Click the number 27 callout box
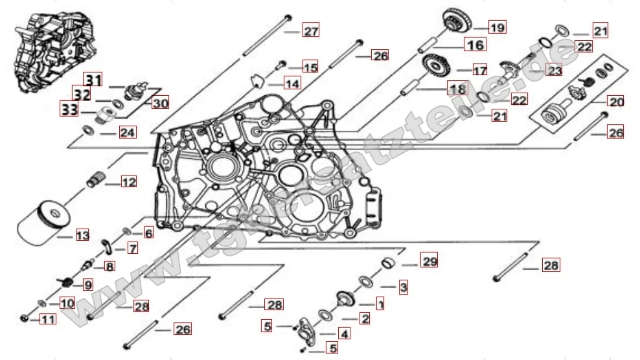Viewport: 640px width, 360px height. [x=311, y=32]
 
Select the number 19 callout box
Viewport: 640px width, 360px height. [x=497, y=27]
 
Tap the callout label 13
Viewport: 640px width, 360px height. [x=82, y=236]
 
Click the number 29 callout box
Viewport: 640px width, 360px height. [x=429, y=262]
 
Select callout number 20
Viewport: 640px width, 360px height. [x=615, y=101]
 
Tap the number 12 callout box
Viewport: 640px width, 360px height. [x=128, y=182]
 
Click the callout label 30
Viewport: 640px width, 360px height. [x=160, y=102]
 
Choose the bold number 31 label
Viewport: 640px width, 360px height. [x=95, y=80]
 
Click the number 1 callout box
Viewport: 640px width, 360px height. [x=380, y=302]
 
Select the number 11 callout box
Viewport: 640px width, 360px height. [x=49, y=319]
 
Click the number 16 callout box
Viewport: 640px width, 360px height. [x=475, y=45]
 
